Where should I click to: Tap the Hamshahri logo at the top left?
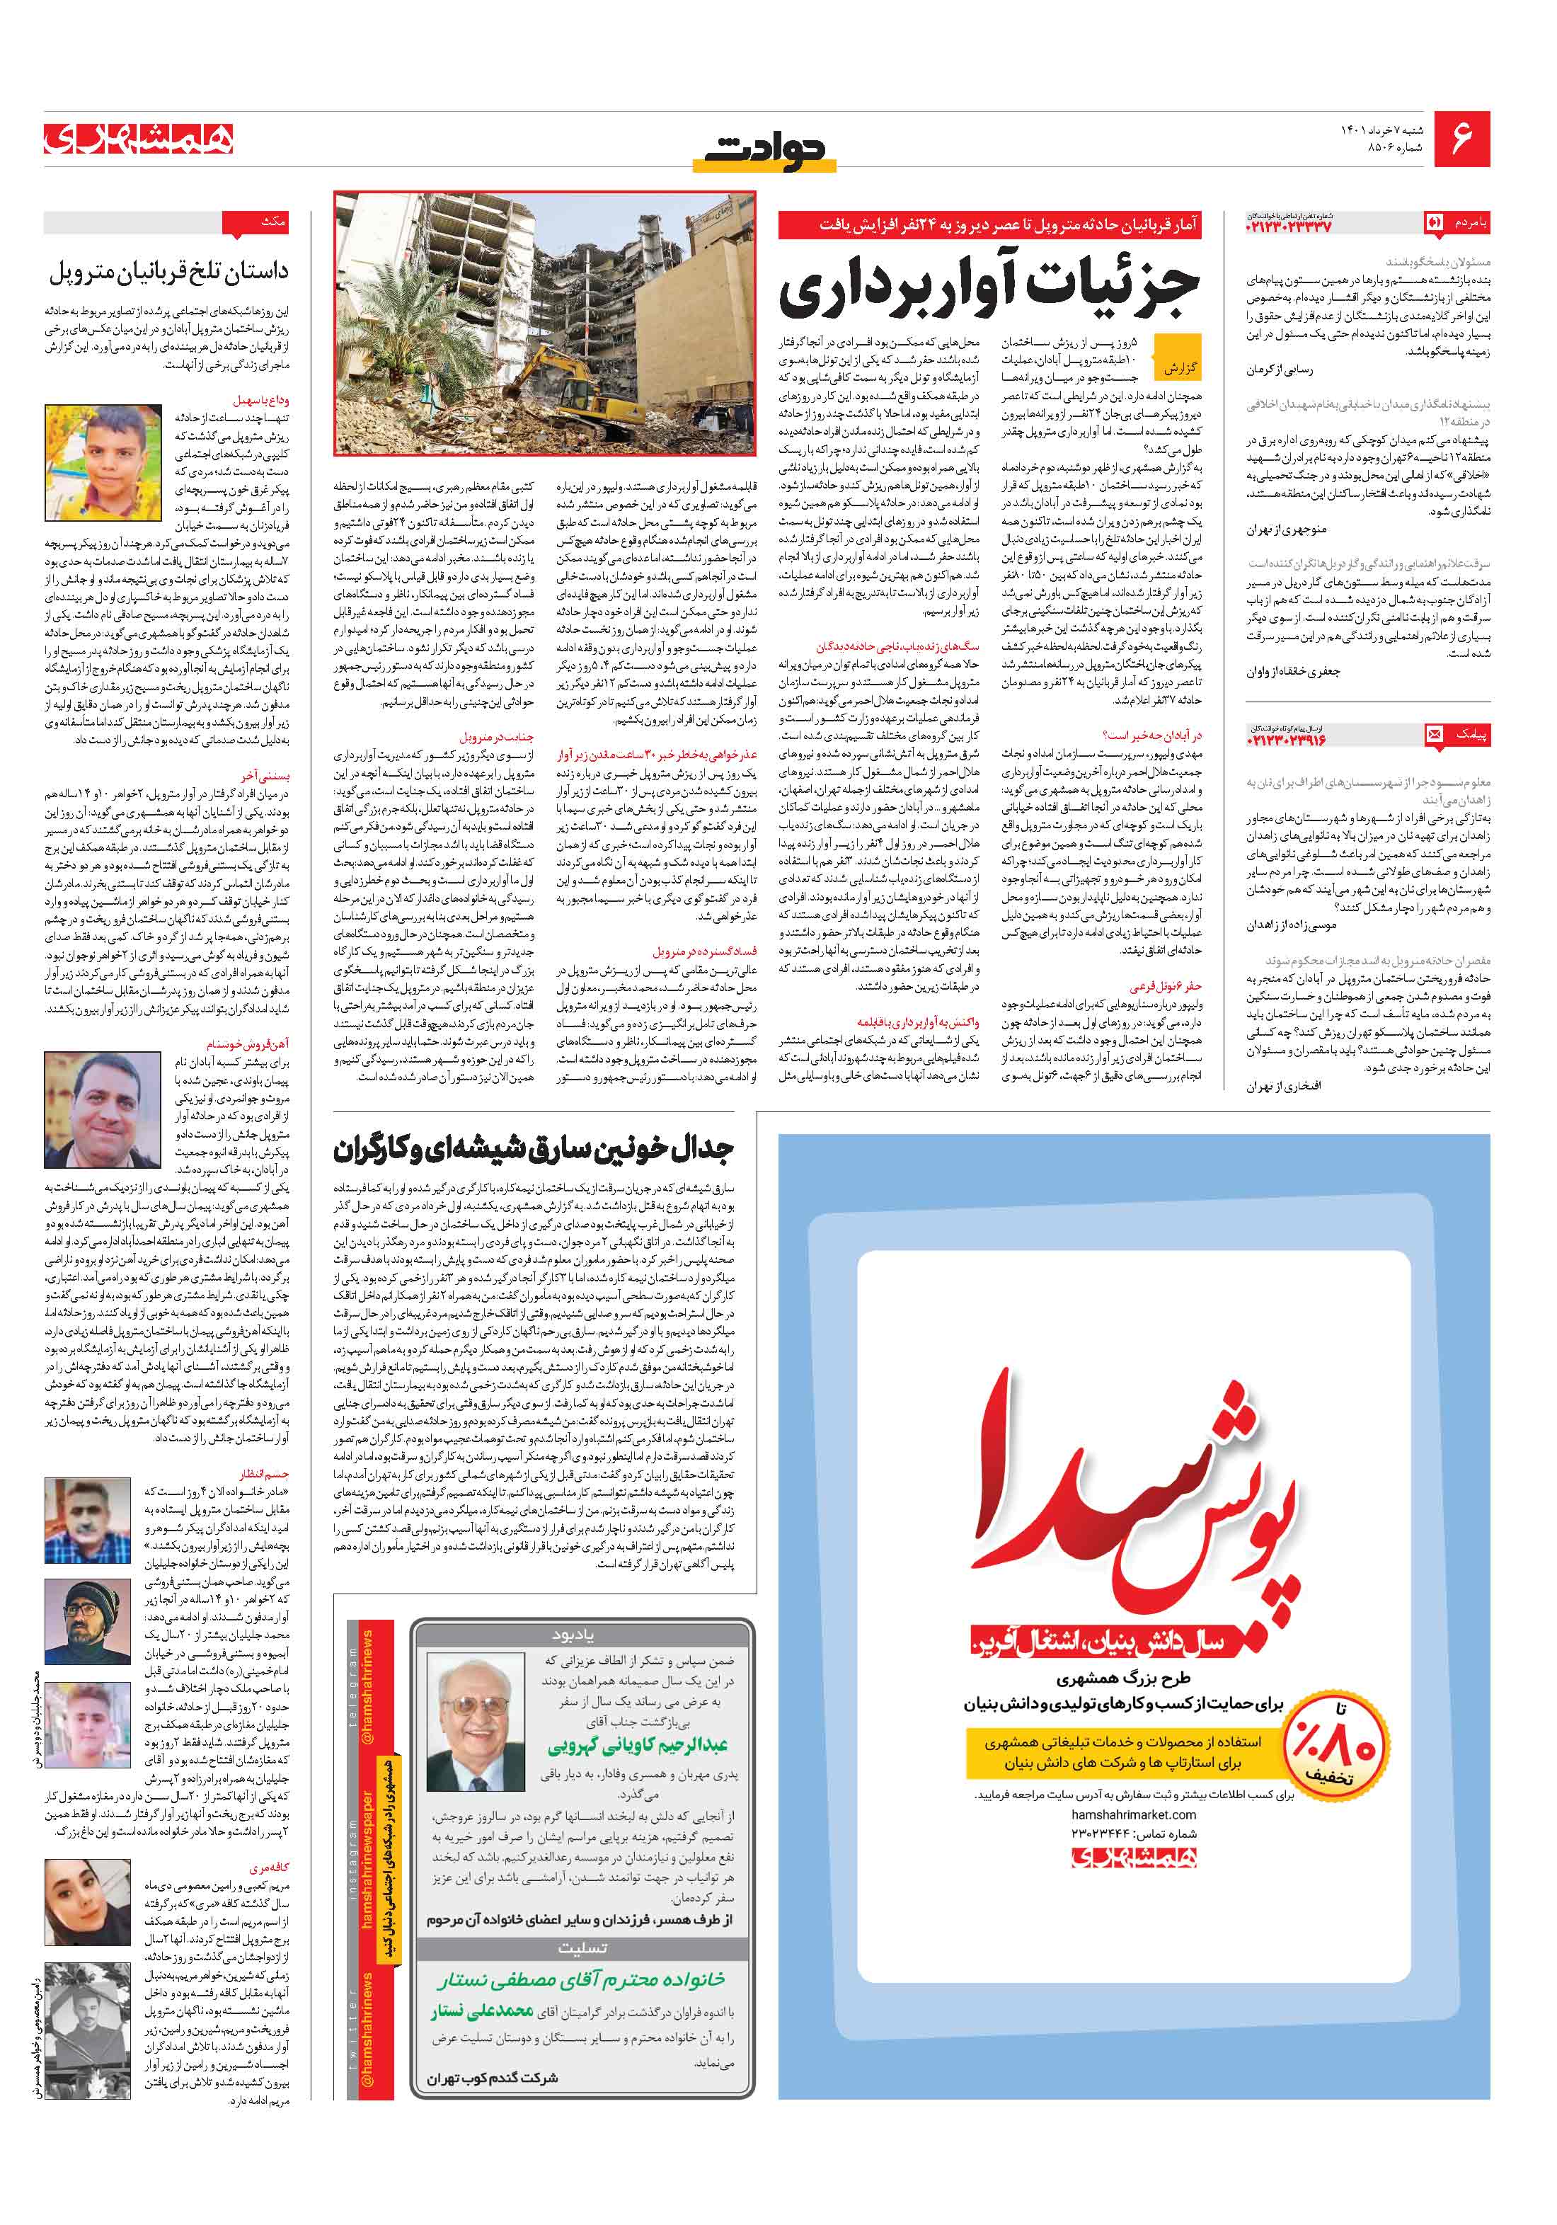[x=139, y=139]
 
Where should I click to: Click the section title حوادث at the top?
[x=764, y=151]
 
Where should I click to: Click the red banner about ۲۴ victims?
[x=990, y=226]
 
